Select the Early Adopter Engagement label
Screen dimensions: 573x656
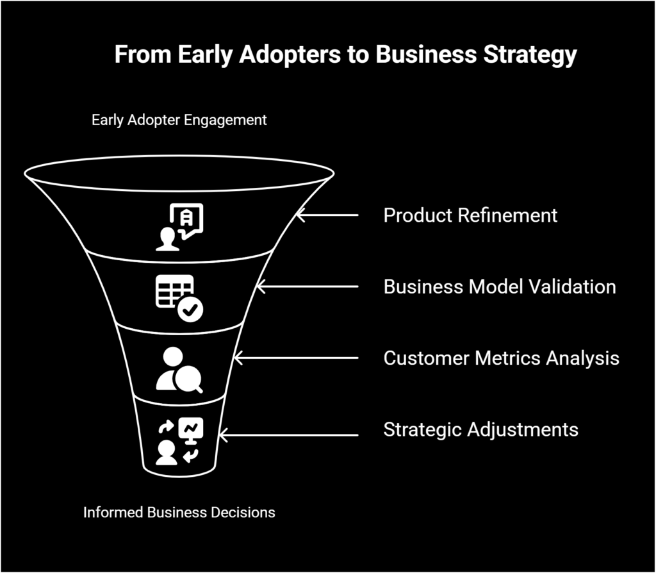[x=179, y=120]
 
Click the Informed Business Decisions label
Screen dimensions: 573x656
[x=179, y=512]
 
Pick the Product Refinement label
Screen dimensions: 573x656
[x=470, y=215]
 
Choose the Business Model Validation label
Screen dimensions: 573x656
[x=500, y=286]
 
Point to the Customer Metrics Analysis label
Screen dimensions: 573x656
[x=501, y=358]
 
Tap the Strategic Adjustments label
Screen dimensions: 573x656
[x=480, y=429]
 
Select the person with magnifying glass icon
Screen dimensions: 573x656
[x=179, y=370]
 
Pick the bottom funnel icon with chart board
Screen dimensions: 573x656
[x=179, y=442]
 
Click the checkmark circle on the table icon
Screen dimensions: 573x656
[x=190, y=310]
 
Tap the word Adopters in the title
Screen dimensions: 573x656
[x=293, y=54]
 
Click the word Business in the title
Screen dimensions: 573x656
[x=425, y=54]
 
